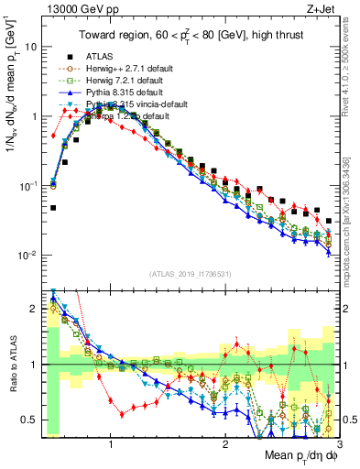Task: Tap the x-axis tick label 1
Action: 111,443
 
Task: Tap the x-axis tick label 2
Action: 224,443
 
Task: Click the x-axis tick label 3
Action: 338,443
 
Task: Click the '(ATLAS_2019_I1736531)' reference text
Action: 189,274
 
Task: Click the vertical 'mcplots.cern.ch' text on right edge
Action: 353,229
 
